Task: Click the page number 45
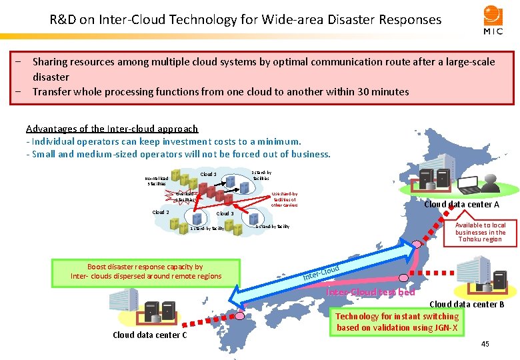(485, 344)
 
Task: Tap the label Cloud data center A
(461, 205)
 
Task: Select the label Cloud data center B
(467, 305)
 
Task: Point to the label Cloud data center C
(150, 335)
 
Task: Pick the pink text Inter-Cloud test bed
(371, 292)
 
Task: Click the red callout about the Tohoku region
(480, 232)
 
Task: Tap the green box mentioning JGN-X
(397, 322)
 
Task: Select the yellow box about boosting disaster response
(145, 271)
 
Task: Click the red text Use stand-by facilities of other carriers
(284, 199)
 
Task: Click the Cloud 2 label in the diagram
(161, 212)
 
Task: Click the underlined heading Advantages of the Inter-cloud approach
(112, 129)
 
